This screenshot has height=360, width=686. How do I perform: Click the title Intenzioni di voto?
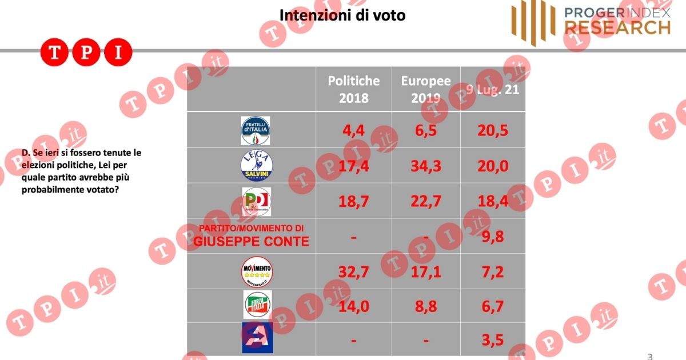pyautogui.click(x=342, y=15)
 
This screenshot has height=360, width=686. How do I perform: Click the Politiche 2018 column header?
pyautogui.click(x=353, y=89)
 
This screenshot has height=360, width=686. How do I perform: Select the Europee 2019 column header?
pyautogui.click(x=426, y=89)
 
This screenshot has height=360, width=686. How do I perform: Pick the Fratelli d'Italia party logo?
pyautogui.click(x=256, y=130)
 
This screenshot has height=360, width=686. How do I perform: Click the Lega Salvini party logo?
pyautogui.click(x=257, y=166)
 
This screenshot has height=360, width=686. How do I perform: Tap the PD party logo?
pyautogui.click(x=256, y=201)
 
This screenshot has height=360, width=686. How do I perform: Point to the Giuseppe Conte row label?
pyautogui.click(x=251, y=236)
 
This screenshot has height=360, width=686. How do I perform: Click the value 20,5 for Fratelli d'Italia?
pyautogui.click(x=492, y=130)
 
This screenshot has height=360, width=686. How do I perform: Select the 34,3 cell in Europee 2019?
pyautogui.click(x=426, y=166)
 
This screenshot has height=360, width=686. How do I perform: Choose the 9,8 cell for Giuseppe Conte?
pyautogui.click(x=492, y=236)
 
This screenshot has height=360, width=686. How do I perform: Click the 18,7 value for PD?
pyautogui.click(x=353, y=201)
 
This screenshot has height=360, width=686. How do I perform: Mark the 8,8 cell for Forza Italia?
pyautogui.click(x=426, y=306)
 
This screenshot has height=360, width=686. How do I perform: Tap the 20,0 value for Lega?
pyautogui.click(x=492, y=166)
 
